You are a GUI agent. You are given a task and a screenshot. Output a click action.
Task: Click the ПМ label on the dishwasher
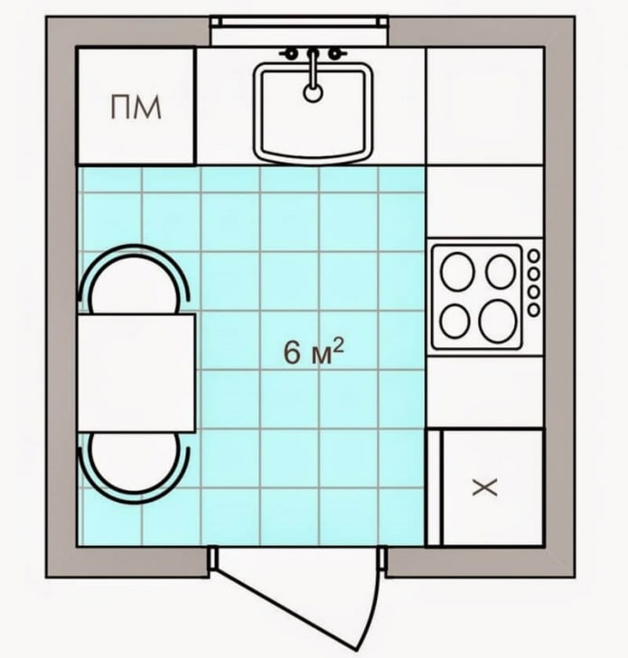point(136,108)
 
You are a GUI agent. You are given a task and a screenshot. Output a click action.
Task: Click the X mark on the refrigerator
point(485,488)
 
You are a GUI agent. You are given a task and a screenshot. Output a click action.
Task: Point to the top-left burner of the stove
point(457,272)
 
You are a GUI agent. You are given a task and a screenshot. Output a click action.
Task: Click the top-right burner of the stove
point(500,270)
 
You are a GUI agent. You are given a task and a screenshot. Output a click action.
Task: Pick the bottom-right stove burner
point(497,321)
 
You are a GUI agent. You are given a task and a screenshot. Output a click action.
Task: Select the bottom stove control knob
point(533,310)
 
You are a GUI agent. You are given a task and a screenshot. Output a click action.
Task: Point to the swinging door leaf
point(298,592)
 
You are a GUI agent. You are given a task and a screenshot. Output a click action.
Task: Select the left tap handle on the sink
point(291,53)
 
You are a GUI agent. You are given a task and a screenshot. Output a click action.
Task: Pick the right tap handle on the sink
point(335,53)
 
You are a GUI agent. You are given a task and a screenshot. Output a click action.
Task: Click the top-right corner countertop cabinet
point(484,106)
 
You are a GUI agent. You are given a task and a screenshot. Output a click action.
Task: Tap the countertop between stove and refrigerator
point(484,390)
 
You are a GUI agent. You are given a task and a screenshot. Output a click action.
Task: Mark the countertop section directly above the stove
point(484,202)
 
